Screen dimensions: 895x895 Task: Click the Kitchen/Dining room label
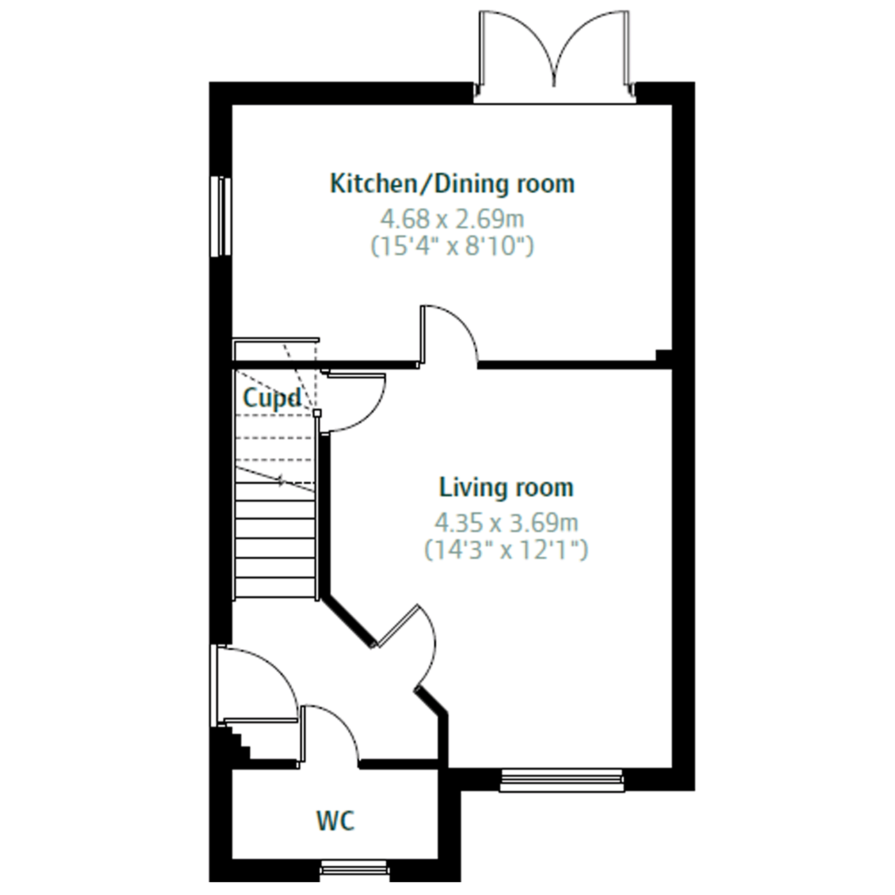point(452,183)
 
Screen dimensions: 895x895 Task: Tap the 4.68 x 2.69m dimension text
point(452,219)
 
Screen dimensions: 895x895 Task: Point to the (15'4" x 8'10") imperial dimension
point(452,246)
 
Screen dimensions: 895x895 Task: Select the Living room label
point(506,488)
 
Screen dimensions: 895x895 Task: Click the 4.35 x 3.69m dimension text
point(506,523)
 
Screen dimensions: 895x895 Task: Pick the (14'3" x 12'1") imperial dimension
point(506,550)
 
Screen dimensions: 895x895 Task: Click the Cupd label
point(272,397)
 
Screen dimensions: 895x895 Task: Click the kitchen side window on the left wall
point(221,216)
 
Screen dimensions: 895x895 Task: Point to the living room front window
point(561,781)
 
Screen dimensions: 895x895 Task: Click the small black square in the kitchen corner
point(664,356)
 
